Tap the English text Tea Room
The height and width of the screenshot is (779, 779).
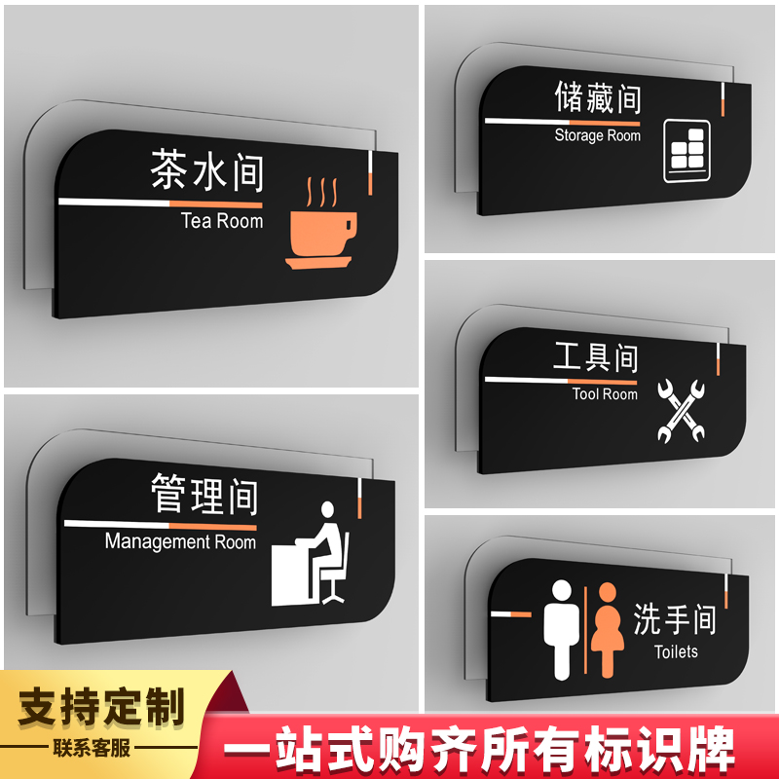pyautogui.click(x=222, y=221)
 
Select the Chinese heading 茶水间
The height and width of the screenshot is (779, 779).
pyautogui.click(x=206, y=169)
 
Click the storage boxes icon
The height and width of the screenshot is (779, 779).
pyautogui.click(x=686, y=151)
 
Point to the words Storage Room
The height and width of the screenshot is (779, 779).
pyautogui.click(x=597, y=135)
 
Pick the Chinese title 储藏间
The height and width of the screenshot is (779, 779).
pyautogui.click(x=598, y=98)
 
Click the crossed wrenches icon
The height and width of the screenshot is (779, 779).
pyautogui.click(x=681, y=411)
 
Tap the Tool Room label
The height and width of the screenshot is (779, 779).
pyautogui.click(x=605, y=394)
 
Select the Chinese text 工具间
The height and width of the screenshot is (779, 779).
pyautogui.click(x=596, y=356)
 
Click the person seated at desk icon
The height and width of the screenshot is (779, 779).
pyautogui.click(x=310, y=554)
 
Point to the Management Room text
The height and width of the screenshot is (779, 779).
pyautogui.click(x=180, y=541)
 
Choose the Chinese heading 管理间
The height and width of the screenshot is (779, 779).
pyautogui.click(x=204, y=495)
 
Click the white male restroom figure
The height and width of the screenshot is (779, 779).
pyautogui.click(x=562, y=630)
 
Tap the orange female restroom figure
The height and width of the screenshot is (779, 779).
pyautogui.click(x=607, y=630)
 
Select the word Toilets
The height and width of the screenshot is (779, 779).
pyautogui.click(x=676, y=651)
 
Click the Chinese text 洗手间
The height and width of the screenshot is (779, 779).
pyautogui.click(x=674, y=619)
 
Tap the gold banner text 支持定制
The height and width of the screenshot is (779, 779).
pyautogui.click(x=101, y=707)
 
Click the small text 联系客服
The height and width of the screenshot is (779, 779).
pyautogui.click(x=92, y=748)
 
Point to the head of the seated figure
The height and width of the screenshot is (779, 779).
pyautogui.click(x=327, y=509)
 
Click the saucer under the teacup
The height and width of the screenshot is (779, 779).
pyautogui.click(x=318, y=262)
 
